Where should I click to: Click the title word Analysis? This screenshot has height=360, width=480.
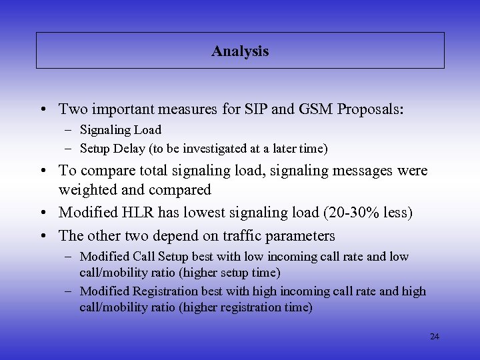coord(240,51)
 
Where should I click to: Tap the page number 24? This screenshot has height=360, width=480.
coord(435,337)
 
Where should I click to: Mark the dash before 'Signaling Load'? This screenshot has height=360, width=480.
coord(69,130)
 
